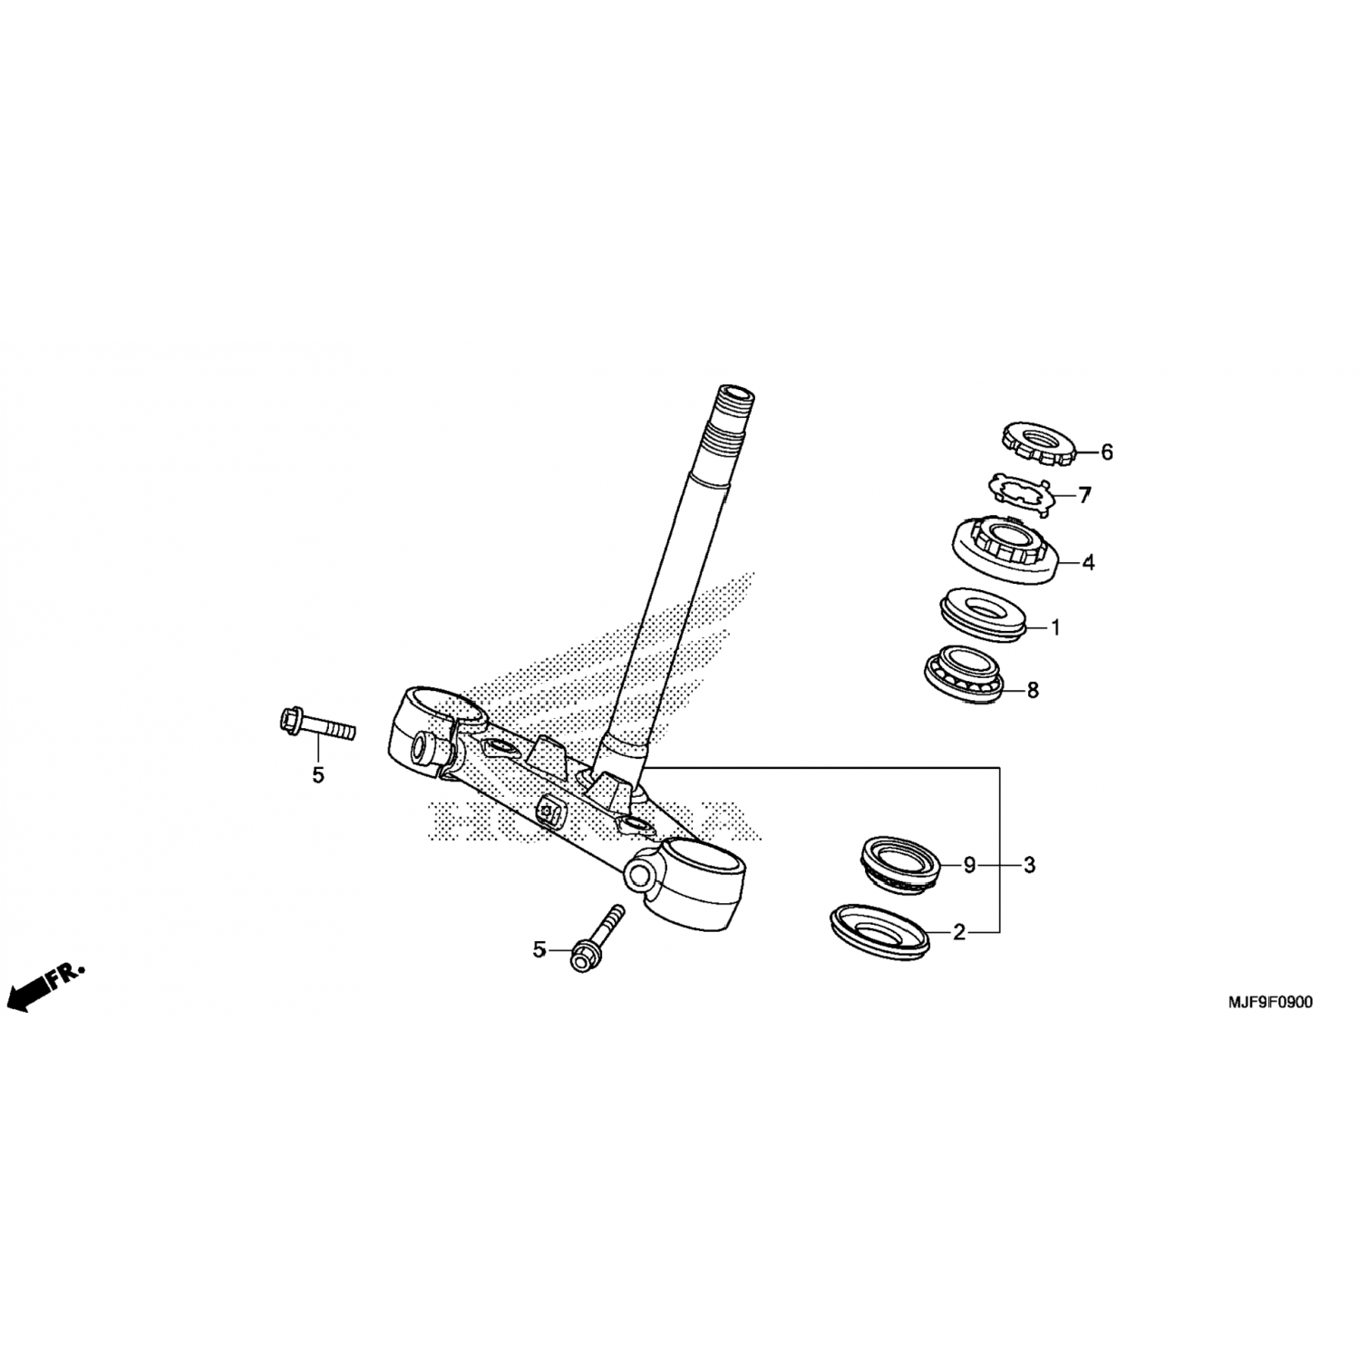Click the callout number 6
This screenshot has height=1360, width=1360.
click(x=1106, y=452)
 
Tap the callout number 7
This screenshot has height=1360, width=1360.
click(x=1085, y=495)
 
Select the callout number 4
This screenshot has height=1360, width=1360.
click(x=1088, y=562)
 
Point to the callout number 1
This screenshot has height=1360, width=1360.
click(x=1054, y=627)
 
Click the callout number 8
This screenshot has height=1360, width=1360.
click(x=1032, y=690)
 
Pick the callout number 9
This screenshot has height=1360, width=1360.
click(x=969, y=865)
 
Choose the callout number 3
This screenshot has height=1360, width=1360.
click(x=1029, y=865)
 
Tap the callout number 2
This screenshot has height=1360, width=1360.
click(x=958, y=931)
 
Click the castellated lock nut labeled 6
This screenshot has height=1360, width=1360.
click(x=1038, y=442)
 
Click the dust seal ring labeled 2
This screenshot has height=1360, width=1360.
click(x=879, y=932)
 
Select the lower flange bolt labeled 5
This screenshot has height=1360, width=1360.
click(x=597, y=939)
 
